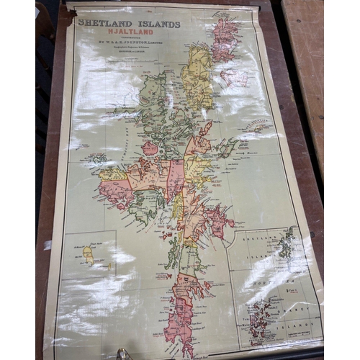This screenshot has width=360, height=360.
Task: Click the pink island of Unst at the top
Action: tap(225, 40)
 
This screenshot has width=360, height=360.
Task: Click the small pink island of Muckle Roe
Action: tap(149, 148)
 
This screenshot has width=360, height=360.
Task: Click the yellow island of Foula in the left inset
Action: tap(88, 253)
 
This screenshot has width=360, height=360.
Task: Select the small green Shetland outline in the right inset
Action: tap(287, 245)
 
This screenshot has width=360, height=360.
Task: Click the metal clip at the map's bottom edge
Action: tap(122, 354)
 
